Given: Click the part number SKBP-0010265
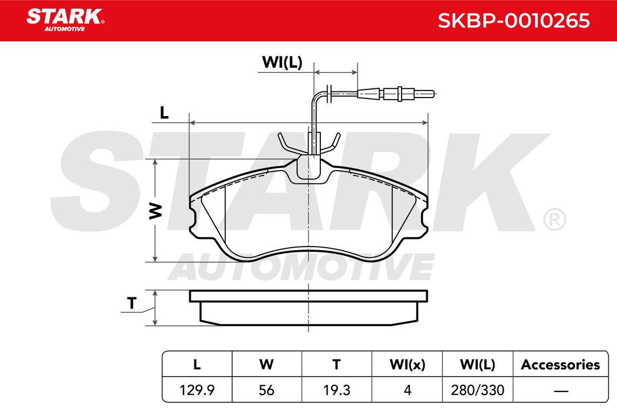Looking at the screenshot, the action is pyautogui.click(x=514, y=21).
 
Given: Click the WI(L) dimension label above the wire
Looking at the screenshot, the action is pyautogui.click(x=282, y=62).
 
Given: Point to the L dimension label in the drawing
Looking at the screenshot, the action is pyautogui.click(x=165, y=113).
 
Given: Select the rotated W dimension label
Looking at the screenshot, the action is pyautogui.click(x=156, y=212).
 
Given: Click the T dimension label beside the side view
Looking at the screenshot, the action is pyautogui.click(x=132, y=303).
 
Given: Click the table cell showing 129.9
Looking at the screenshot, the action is pyautogui.click(x=196, y=390).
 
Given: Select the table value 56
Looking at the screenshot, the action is pyautogui.click(x=266, y=390).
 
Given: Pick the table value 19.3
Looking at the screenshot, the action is pyautogui.click(x=337, y=390).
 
